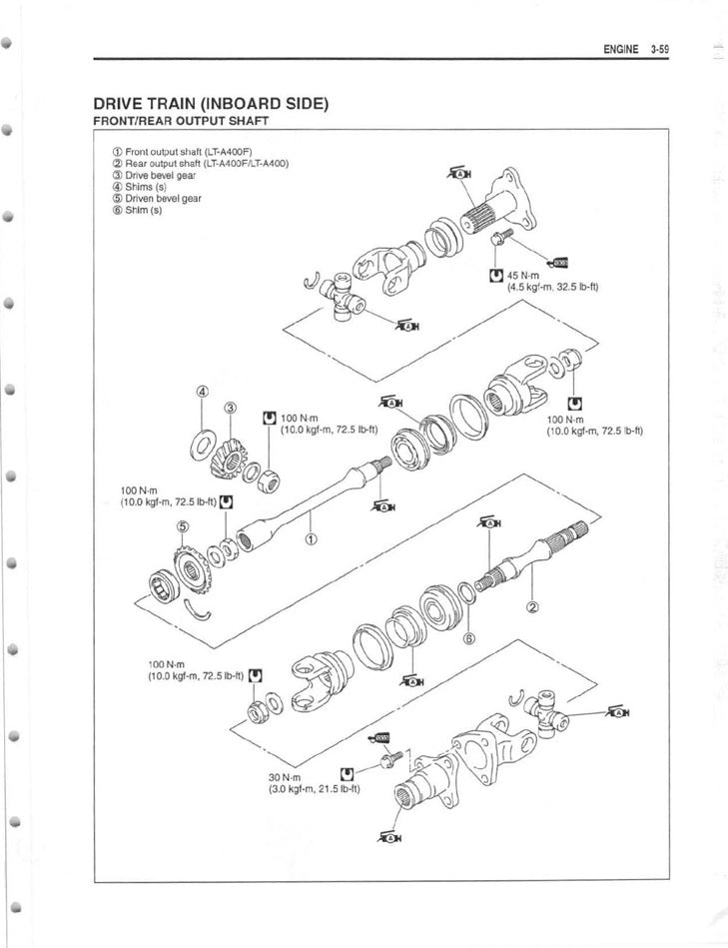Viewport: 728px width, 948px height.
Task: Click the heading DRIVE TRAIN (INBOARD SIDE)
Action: (211, 103)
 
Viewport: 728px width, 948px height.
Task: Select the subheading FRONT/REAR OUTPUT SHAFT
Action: (180, 121)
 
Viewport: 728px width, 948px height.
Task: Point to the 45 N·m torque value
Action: (523, 276)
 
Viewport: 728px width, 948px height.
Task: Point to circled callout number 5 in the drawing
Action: (182, 526)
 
